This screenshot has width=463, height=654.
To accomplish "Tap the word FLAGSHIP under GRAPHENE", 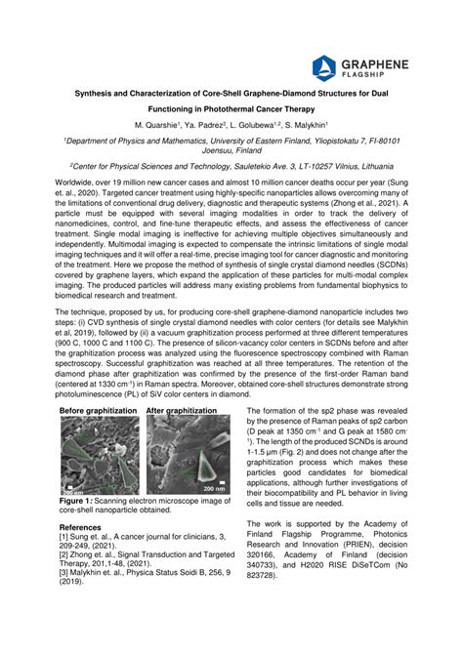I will tap(371, 74).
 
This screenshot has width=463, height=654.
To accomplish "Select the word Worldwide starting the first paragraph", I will tap(83, 182).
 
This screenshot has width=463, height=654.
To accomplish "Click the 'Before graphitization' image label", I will tap(99, 411).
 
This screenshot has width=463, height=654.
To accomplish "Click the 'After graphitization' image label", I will tap(183, 411).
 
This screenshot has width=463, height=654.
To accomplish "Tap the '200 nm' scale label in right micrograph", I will tap(213, 488).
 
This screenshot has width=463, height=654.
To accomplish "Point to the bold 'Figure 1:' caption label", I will tap(79, 500).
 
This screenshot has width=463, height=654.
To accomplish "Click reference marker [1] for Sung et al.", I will tap(64, 535).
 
